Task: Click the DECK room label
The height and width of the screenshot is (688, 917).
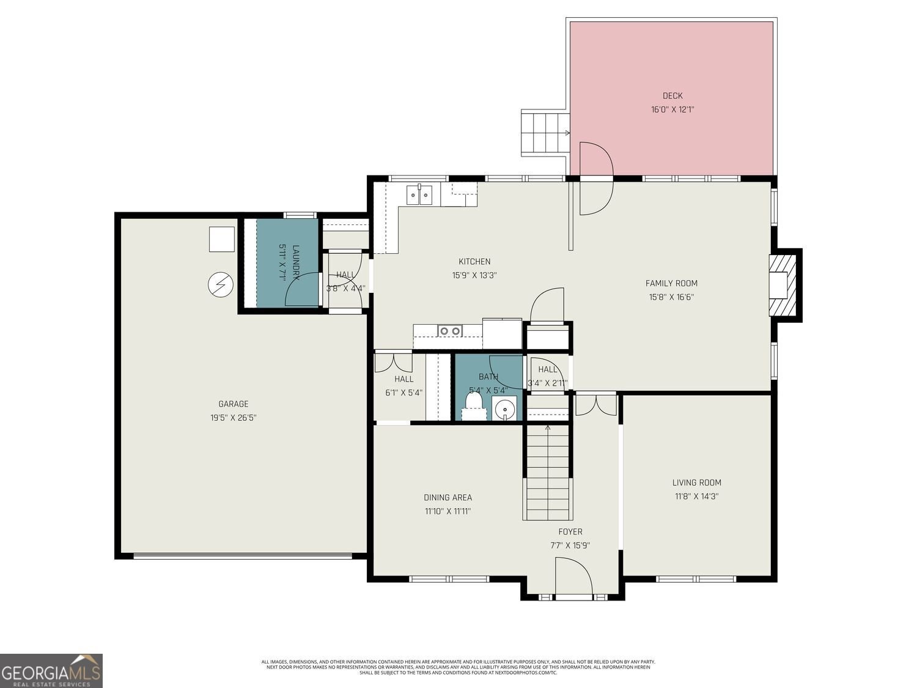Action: [x=672, y=95]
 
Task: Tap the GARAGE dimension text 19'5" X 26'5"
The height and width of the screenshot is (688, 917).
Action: [x=234, y=418]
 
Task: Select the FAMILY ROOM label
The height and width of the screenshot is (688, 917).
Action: [x=671, y=283]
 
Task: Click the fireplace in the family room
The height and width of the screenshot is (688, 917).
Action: [x=783, y=284]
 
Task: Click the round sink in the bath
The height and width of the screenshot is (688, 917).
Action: [x=504, y=409]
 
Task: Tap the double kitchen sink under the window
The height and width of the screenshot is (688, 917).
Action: [x=419, y=195]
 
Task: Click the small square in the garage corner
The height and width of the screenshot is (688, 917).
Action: [x=221, y=239]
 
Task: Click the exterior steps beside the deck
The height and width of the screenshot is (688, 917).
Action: [x=544, y=133]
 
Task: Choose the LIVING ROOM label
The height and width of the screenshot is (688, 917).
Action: [x=696, y=483]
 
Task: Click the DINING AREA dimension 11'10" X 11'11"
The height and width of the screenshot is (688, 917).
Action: [x=447, y=511]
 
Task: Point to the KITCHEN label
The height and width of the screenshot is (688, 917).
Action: [x=474, y=262]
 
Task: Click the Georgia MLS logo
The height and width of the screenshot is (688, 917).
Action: [x=51, y=671]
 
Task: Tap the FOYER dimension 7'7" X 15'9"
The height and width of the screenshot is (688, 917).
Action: [x=570, y=546]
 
